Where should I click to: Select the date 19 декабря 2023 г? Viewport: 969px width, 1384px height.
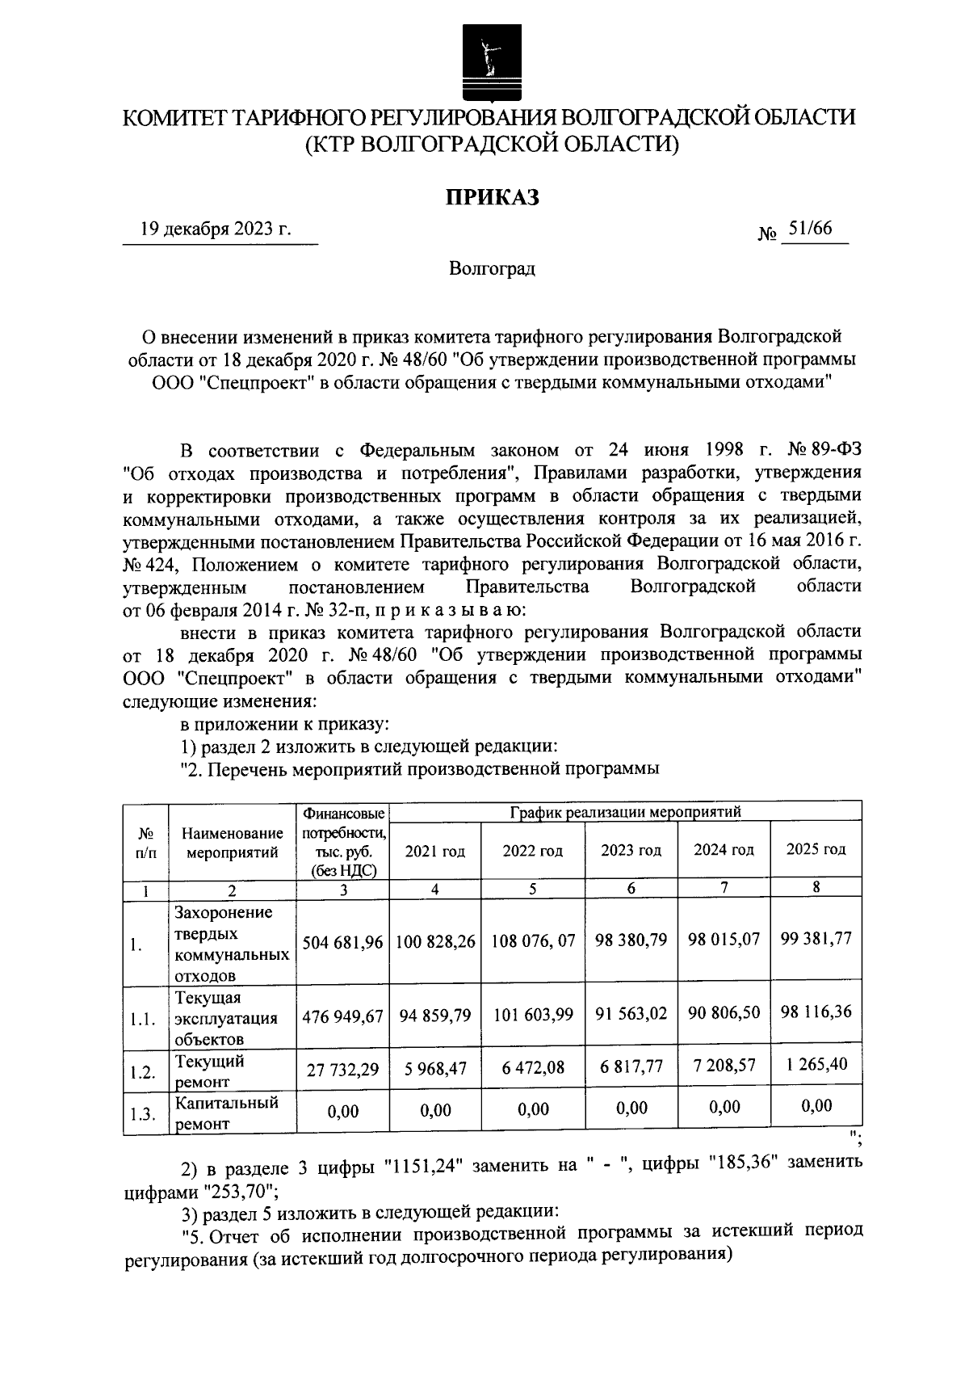pyautogui.click(x=215, y=229)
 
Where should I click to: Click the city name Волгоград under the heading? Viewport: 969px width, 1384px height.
pyautogui.click(x=492, y=268)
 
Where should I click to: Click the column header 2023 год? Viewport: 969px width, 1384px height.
pyautogui.click(x=631, y=850)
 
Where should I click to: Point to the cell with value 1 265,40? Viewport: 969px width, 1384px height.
pyautogui.click(x=816, y=1064)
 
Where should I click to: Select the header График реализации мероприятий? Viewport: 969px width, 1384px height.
pyautogui.click(x=625, y=811)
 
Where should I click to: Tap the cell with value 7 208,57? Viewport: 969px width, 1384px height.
pyautogui.click(x=724, y=1065)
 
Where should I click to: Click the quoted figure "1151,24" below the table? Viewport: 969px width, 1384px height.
pyautogui.click(x=422, y=1165)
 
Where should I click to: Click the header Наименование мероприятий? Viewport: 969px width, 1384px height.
pyautogui.click(x=232, y=842)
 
